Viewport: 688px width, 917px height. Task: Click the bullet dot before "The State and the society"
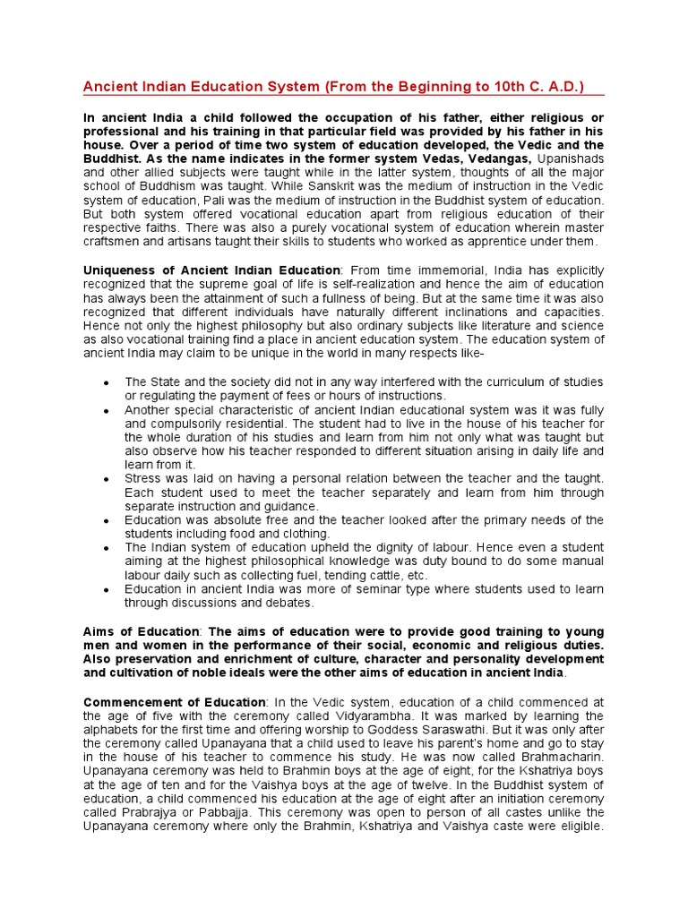[106, 383]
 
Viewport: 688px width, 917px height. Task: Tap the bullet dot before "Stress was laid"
[106, 480]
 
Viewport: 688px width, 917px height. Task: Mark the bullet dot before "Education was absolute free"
[106, 521]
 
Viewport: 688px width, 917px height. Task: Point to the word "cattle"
[365, 576]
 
